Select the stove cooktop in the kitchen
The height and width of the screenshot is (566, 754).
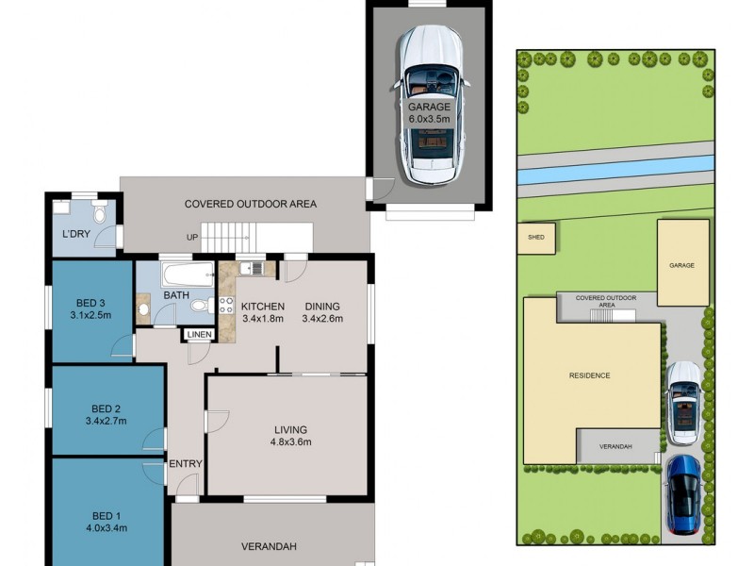[226, 305]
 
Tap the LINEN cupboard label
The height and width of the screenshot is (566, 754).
[199, 335]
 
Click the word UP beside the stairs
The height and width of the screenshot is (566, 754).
[193, 237]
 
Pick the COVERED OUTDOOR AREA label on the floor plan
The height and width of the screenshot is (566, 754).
[250, 204]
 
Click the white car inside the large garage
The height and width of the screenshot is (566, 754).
[429, 104]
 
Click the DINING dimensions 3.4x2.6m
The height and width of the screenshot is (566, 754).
[321, 319]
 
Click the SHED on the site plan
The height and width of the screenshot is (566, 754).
[535, 238]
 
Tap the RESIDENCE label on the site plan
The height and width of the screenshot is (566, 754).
[589, 375]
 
